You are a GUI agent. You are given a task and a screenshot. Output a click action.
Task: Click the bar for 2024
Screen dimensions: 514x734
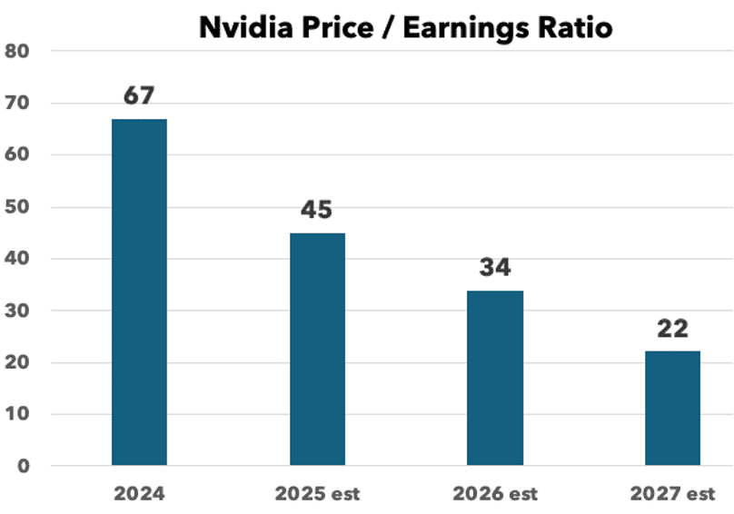(139, 292)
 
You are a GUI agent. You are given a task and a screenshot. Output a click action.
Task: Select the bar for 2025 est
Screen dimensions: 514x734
(317, 349)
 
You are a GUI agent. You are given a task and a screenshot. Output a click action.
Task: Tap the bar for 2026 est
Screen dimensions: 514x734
(495, 378)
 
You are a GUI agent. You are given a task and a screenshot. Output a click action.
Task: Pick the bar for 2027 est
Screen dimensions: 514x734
(672, 408)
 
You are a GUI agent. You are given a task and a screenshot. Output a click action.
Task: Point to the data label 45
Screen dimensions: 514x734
(317, 211)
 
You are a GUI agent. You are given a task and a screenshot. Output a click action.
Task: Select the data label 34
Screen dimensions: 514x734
(495, 268)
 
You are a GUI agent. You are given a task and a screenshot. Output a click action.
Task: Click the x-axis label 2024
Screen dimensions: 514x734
(139, 494)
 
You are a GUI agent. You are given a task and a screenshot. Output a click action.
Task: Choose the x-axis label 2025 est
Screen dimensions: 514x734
(317, 494)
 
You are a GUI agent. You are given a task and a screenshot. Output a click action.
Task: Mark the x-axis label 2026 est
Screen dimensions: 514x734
(495, 494)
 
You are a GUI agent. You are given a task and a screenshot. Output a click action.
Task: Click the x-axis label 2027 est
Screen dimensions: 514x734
(672, 494)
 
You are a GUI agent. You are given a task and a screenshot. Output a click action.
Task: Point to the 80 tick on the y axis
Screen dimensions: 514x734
(17, 52)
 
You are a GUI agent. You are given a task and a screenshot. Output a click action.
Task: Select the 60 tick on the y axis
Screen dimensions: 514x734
(17, 155)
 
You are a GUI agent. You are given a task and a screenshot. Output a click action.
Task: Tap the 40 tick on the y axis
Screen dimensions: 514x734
(17, 259)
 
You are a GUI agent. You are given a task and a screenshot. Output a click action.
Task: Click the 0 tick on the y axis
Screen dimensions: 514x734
(23, 467)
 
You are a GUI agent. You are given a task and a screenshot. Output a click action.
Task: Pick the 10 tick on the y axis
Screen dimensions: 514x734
(17, 415)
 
